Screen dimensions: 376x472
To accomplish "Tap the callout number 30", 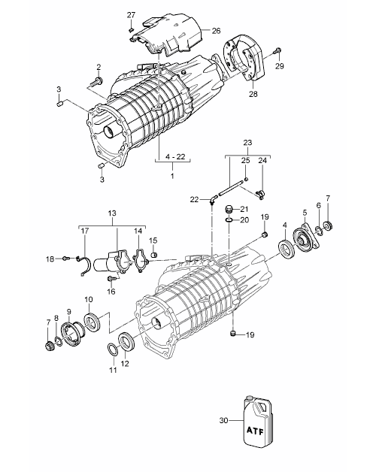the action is [x=223, y=420].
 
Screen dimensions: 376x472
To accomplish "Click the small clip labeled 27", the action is [x=130, y=29].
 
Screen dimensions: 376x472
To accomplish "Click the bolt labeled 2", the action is [x=97, y=81].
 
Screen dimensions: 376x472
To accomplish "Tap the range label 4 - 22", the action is [x=175, y=156].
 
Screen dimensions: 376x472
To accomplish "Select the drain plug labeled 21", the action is [x=229, y=209].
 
